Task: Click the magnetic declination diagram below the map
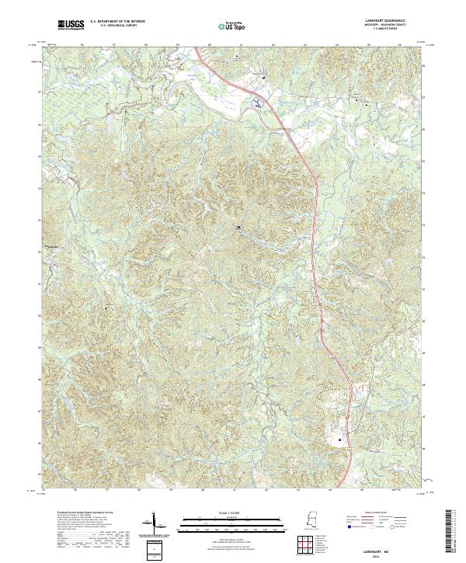pos(154,524)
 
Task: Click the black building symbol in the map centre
pos(238,228)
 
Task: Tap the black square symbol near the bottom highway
pos(340,440)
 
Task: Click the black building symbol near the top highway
pos(264,78)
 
